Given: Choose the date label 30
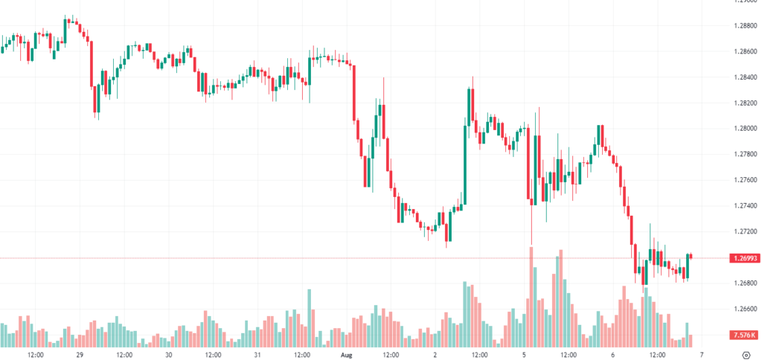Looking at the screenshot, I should (x=169, y=355).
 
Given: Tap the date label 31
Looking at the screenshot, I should (x=257, y=355).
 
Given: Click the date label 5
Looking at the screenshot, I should (x=524, y=355).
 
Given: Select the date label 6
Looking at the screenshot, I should (x=612, y=355).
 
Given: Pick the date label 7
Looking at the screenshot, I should (x=700, y=355).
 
